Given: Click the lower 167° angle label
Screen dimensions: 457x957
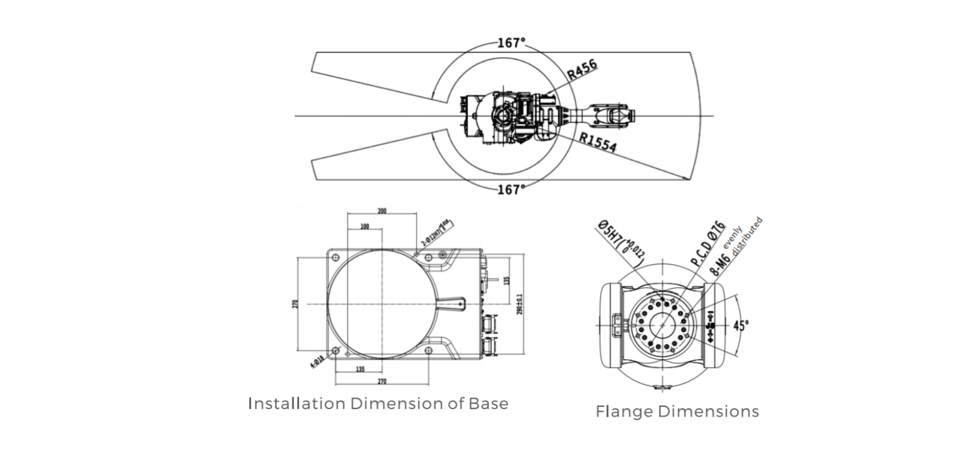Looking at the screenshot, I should pyautogui.click(x=511, y=189).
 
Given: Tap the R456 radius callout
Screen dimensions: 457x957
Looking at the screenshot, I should pyautogui.click(x=583, y=70).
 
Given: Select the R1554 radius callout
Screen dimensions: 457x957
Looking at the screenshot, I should pyautogui.click(x=597, y=143).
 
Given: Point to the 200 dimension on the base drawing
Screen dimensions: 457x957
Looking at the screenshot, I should pyautogui.click(x=382, y=211).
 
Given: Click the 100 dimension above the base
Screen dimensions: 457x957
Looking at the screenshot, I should pyautogui.click(x=364, y=226).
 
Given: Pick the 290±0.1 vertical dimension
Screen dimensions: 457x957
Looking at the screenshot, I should pyautogui.click(x=519, y=304).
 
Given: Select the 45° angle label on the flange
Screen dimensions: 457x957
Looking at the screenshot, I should pyautogui.click(x=741, y=326).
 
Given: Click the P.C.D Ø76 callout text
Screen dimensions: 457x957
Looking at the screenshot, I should pyautogui.click(x=708, y=244).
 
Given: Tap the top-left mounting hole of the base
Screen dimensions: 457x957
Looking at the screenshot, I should pyautogui.click(x=334, y=257).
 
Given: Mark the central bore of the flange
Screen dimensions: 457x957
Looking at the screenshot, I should pyautogui.click(x=660, y=325).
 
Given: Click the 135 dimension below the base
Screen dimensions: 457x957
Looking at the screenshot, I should pyautogui.click(x=360, y=369).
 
